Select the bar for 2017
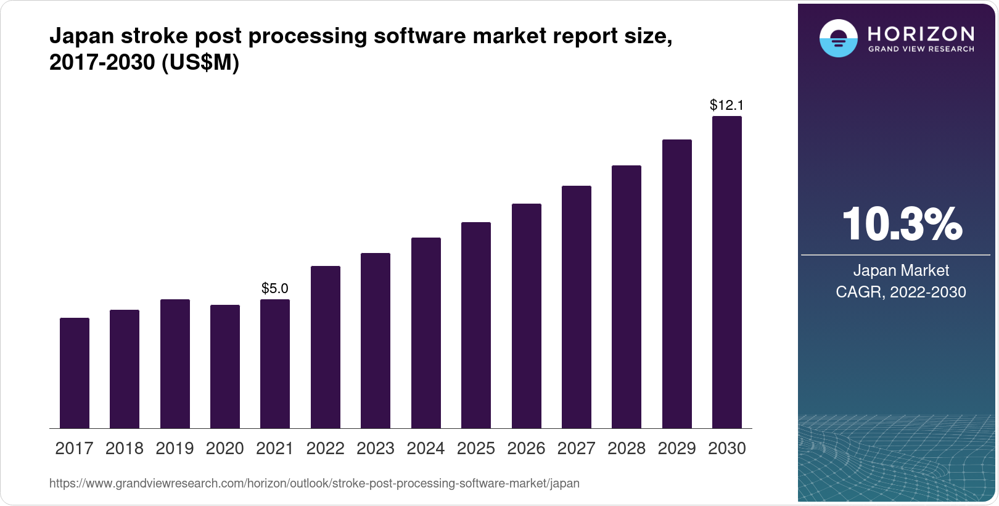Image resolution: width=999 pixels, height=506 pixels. pyautogui.click(x=75, y=373)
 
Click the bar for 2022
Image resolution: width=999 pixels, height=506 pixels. pyautogui.click(x=326, y=347)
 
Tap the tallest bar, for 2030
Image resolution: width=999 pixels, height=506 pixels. pyautogui.click(x=727, y=272)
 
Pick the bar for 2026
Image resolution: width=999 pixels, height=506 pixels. pyautogui.click(x=527, y=316)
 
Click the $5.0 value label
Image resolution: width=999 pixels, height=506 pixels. pyautogui.click(x=275, y=288)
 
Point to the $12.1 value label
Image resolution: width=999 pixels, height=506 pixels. pyautogui.click(x=727, y=105)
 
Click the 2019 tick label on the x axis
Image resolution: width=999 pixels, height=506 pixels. pyautogui.click(x=175, y=448)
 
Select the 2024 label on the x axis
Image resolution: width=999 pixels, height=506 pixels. pyautogui.click(x=425, y=448)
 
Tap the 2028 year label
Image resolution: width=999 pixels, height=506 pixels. pyautogui.click(x=627, y=448)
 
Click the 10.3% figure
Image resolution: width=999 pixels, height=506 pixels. pyautogui.click(x=901, y=224)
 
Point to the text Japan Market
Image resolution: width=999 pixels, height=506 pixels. pyautogui.click(x=901, y=270)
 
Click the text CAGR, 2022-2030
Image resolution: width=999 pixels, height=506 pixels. pyautogui.click(x=901, y=292)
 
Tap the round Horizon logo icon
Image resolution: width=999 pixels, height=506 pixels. pyautogui.click(x=838, y=38)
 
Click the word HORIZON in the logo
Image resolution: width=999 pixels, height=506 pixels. pyautogui.click(x=921, y=33)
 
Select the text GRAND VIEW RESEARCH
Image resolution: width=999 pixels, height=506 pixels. pyautogui.click(x=921, y=49)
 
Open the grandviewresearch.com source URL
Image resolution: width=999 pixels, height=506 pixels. pyautogui.click(x=314, y=483)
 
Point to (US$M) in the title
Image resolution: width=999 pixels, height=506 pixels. pyautogui.click(x=200, y=62)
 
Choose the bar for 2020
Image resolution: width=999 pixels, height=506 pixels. pyautogui.click(x=225, y=367)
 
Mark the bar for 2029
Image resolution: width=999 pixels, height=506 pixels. pyautogui.click(x=677, y=284)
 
